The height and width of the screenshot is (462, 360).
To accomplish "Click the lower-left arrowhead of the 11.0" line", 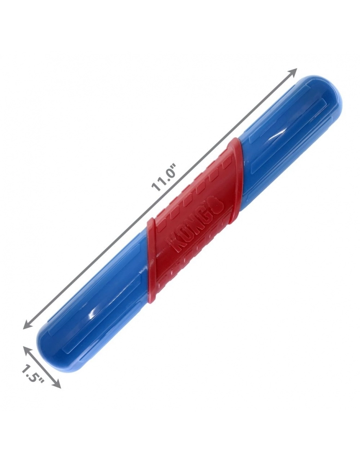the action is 28,324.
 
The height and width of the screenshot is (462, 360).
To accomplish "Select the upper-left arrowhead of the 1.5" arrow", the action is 27,351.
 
